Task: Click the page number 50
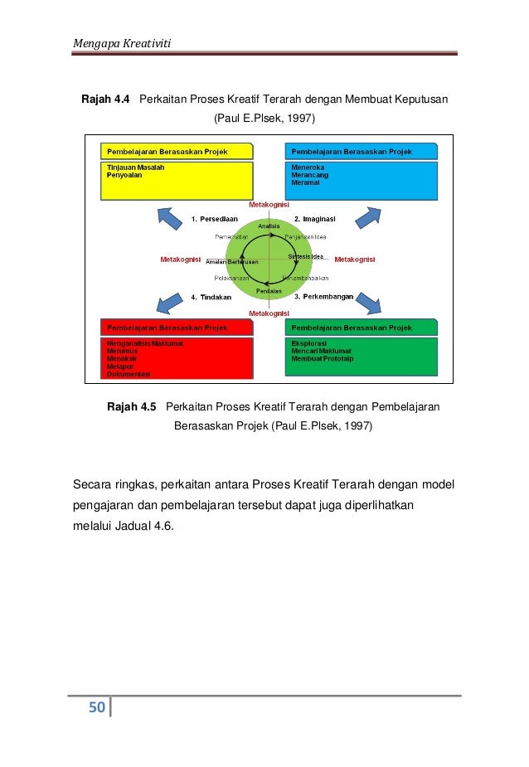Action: tap(97, 707)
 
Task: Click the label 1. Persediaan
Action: tap(216, 219)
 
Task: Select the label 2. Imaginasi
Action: tap(315, 219)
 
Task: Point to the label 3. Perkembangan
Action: tap(324, 296)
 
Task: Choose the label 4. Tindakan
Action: tap(212, 296)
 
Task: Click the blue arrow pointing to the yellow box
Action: tap(170, 218)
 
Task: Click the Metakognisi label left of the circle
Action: tap(180, 260)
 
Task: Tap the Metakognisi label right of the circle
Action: tap(355, 260)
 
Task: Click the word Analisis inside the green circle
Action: tap(269, 226)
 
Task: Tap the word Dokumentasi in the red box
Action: tap(129, 374)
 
